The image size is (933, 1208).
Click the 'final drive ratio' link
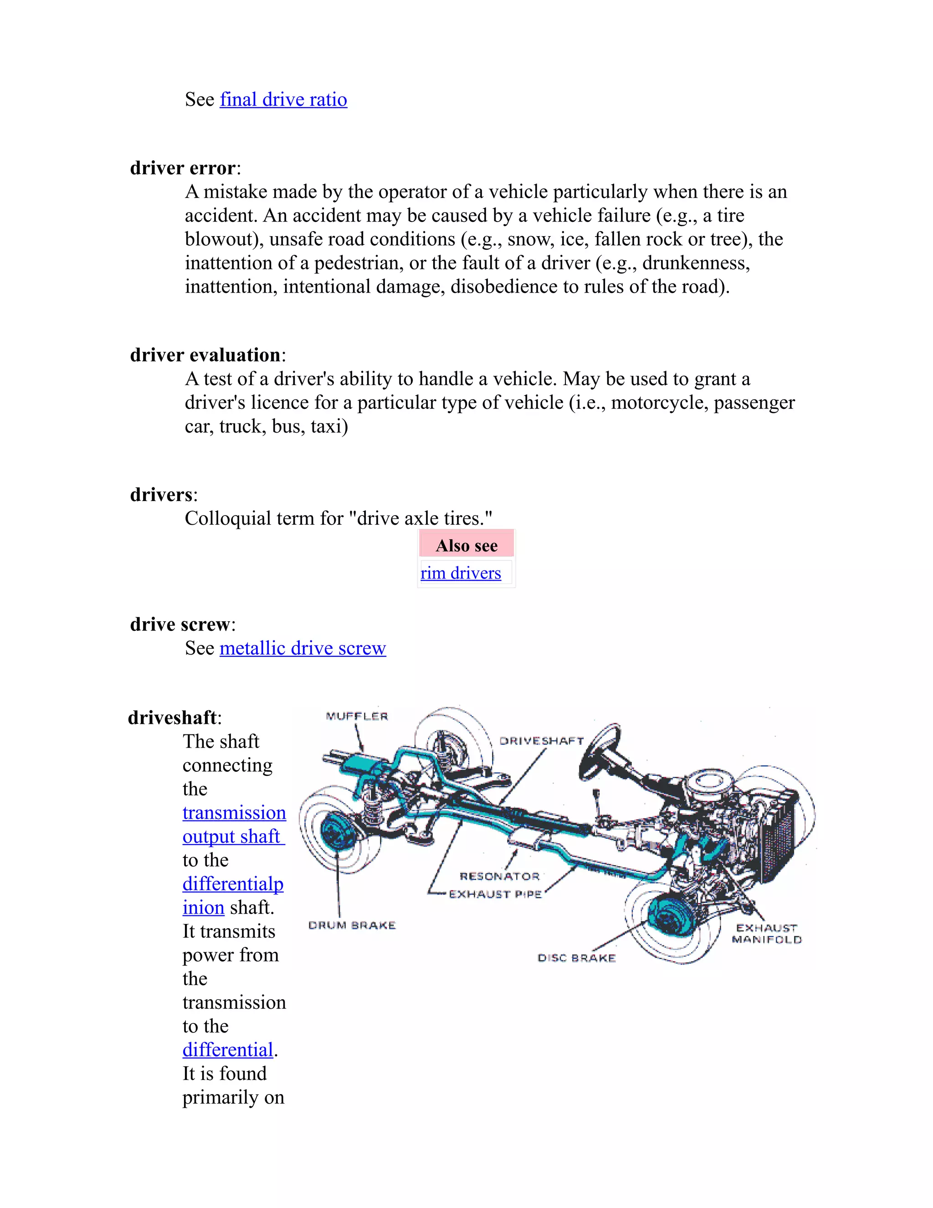(x=283, y=99)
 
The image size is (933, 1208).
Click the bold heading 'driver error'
(x=182, y=168)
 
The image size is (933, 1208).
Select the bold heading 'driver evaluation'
(x=205, y=355)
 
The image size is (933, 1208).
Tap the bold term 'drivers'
(x=161, y=495)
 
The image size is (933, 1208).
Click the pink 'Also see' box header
(x=466, y=545)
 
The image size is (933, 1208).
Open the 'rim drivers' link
(x=461, y=573)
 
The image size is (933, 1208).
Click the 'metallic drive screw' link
(x=302, y=648)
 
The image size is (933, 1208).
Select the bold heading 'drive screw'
(x=179, y=625)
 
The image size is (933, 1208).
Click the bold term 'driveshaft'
(x=172, y=718)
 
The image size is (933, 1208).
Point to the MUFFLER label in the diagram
(x=357, y=716)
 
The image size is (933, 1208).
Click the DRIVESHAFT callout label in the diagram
(x=541, y=741)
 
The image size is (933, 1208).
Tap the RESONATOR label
(x=499, y=877)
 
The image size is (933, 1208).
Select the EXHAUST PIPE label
(x=495, y=894)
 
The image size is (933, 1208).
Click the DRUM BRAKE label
(x=352, y=925)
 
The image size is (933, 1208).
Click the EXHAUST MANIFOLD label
(x=766, y=934)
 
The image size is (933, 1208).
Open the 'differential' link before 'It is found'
(x=228, y=1050)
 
